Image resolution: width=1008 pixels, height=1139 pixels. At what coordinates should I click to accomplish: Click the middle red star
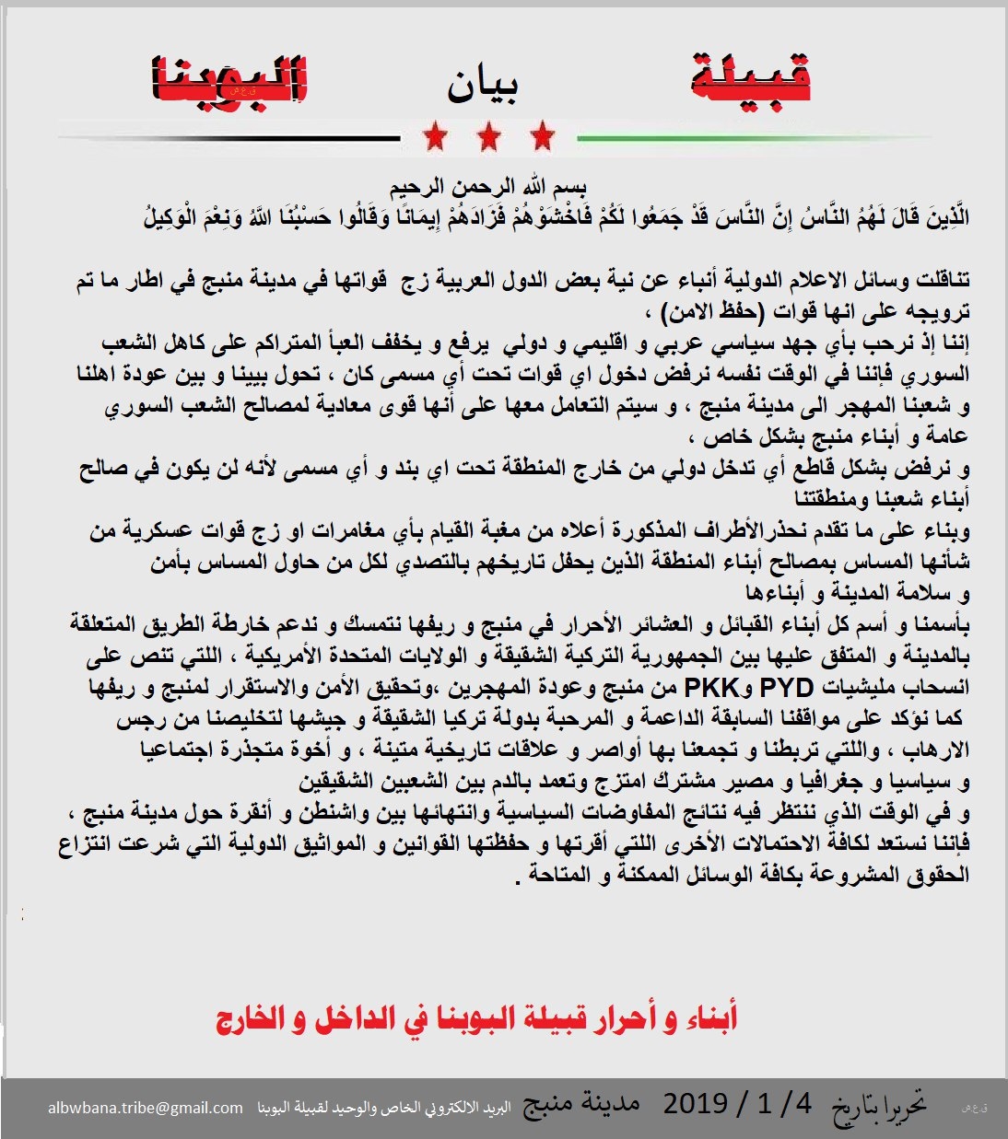coord(489,138)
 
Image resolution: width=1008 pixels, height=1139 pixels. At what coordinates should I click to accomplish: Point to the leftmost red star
coord(436,138)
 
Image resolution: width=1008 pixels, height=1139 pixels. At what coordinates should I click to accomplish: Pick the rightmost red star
coord(543,138)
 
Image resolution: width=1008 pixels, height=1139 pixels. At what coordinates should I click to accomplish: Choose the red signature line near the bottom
coord(476,1019)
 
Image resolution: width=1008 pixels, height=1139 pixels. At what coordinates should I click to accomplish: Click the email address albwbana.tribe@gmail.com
coord(146,1108)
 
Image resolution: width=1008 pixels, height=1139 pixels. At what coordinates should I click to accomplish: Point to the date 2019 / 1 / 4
coord(737,1103)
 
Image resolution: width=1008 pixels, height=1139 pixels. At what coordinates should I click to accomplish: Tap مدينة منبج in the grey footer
coord(581,1104)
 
